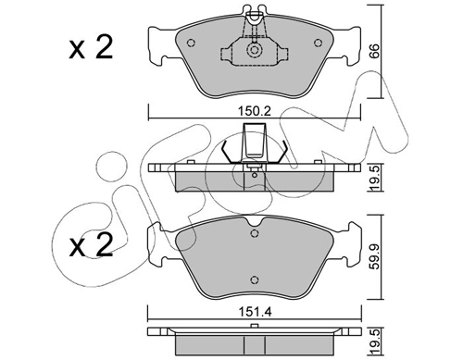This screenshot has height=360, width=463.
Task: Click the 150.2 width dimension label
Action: pos(255,111)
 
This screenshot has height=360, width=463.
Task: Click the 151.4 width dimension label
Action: pos(255,312)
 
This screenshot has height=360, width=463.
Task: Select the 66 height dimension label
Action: pos(373,51)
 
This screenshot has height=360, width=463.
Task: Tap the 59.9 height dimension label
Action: pos(374,257)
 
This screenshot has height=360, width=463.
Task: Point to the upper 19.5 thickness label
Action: pos(374,179)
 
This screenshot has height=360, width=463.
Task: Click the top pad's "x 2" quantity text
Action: pos(91,48)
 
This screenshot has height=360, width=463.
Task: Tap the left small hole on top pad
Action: pos(192,43)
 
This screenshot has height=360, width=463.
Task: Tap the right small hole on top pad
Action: pos(318,43)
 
